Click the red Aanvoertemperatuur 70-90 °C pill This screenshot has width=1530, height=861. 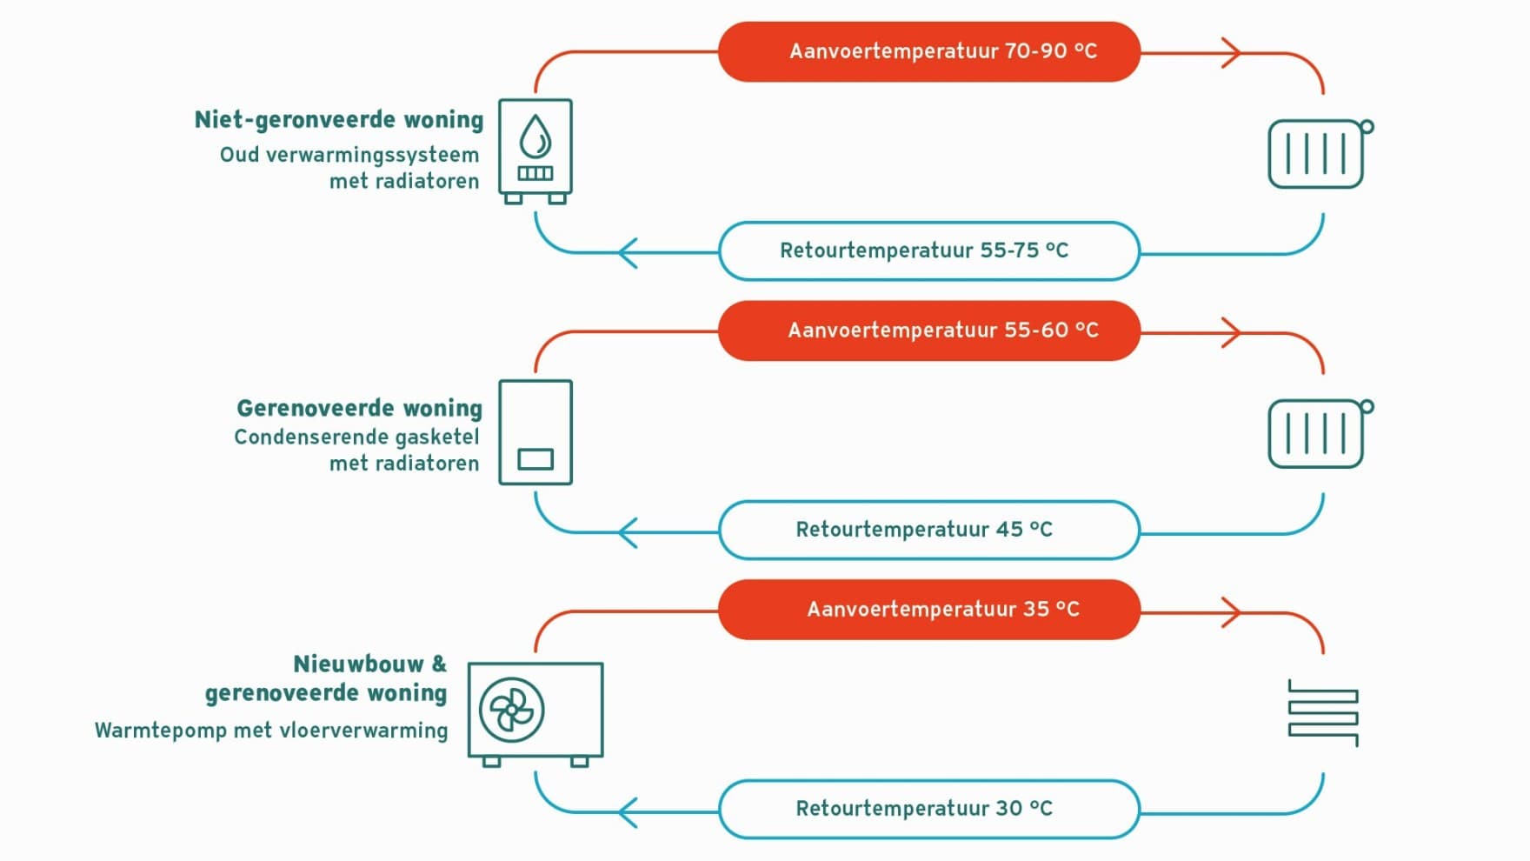click(929, 52)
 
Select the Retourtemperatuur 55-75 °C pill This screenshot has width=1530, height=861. click(929, 251)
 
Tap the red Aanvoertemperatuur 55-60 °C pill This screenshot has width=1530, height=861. click(929, 330)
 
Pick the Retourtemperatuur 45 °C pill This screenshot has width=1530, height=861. click(929, 530)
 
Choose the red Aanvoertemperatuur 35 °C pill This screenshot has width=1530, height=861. click(929, 610)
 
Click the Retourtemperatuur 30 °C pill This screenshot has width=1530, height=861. click(929, 809)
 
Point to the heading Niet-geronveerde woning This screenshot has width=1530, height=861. click(339, 120)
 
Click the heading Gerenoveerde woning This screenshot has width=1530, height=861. click(359, 409)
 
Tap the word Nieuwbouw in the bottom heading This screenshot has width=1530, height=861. click(358, 664)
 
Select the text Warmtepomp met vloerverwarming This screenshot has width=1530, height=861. click(271, 731)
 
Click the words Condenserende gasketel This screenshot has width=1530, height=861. click(356, 437)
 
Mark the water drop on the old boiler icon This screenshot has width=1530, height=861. click(535, 137)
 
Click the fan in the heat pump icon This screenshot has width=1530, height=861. click(512, 711)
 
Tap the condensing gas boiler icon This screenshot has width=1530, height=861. click(535, 432)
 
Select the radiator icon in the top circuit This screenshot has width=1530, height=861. click(1320, 154)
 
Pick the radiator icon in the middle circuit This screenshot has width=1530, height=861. click(1320, 434)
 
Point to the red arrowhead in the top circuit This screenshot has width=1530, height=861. click(1231, 52)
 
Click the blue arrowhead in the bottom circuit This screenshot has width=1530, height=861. click(628, 812)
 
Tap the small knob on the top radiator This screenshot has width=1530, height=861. click(1367, 127)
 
